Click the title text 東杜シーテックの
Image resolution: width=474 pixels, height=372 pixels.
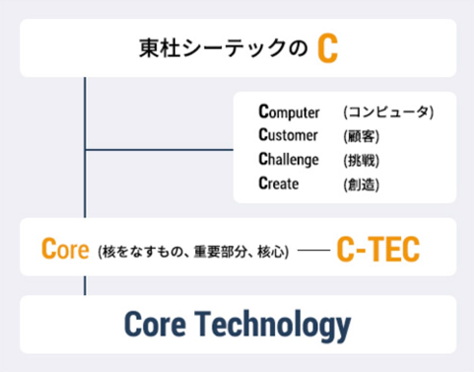(x=224, y=49)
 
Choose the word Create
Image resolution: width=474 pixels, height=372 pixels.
(x=278, y=183)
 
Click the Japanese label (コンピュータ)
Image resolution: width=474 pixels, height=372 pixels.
(x=388, y=112)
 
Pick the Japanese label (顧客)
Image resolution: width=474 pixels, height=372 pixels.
(x=361, y=135)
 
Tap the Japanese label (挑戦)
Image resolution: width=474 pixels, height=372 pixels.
(x=361, y=159)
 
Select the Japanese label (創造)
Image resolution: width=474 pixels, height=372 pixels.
(x=361, y=183)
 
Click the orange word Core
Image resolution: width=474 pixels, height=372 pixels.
(x=66, y=248)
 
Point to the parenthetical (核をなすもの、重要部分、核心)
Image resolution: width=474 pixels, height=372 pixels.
(x=193, y=251)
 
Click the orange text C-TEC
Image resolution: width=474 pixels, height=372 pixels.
(x=377, y=249)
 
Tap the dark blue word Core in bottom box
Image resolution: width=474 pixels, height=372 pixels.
(x=160, y=324)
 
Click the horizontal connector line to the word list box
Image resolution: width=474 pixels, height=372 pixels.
(x=158, y=150)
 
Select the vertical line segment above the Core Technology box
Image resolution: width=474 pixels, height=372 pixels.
(x=85, y=285)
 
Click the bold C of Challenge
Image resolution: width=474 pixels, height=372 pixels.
(x=263, y=159)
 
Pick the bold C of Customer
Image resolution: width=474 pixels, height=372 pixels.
(x=263, y=135)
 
